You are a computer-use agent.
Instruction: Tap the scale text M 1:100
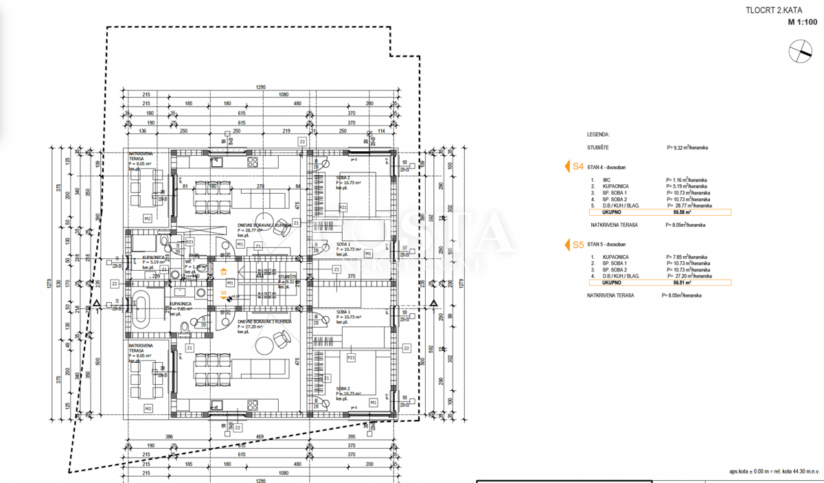[x=802, y=22]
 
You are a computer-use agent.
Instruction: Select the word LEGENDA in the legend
[x=598, y=135]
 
